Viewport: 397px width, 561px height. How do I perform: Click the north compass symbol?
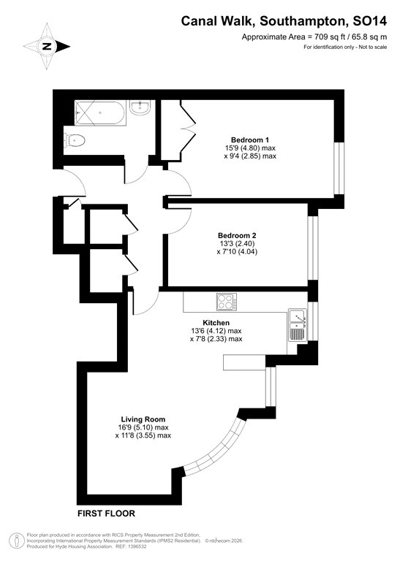tap(47, 45)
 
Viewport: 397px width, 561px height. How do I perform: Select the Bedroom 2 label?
tap(238, 235)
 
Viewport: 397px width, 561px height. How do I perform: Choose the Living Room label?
tap(143, 419)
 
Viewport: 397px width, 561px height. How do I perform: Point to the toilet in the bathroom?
tap(75, 140)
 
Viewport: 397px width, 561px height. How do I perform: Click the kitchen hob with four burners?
tap(224, 301)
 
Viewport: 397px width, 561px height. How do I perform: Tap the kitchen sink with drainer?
tap(297, 324)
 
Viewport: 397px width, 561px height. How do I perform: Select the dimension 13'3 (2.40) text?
tap(238, 244)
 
